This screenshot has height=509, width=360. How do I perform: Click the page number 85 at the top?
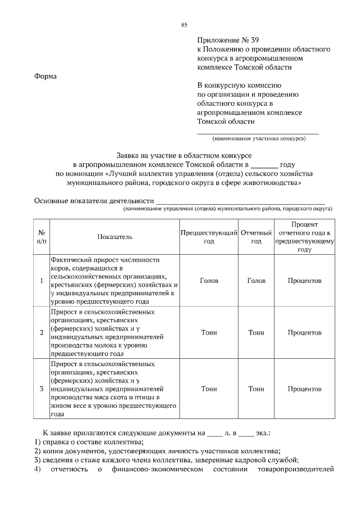click(x=184, y=25)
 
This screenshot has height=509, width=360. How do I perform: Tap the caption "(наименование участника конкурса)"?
click(x=258, y=138)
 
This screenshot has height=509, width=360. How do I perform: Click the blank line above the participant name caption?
click(x=258, y=133)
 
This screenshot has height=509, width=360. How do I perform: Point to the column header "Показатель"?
click(x=114, y=237)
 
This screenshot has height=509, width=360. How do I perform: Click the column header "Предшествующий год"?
click(x=209, y=237)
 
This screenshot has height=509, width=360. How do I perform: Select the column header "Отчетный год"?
click(x=256, y=237)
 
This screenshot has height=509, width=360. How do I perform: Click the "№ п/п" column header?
click(x=42, y=237)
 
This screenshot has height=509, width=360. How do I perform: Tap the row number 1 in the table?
click(x=42, y=280)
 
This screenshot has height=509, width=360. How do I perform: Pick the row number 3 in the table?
click(x=42, y=389)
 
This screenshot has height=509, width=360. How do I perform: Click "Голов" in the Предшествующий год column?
click(x=209, y=280)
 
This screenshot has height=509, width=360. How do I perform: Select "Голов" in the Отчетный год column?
click(x=256, y=280)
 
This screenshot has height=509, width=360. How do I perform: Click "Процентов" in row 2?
click(x=304, y=332)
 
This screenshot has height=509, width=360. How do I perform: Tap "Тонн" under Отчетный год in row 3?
click(x=256, y=389)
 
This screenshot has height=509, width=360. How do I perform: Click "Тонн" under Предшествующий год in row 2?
click(x=209, y=332)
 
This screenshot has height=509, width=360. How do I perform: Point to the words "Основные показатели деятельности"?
click(x=94, y=201)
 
